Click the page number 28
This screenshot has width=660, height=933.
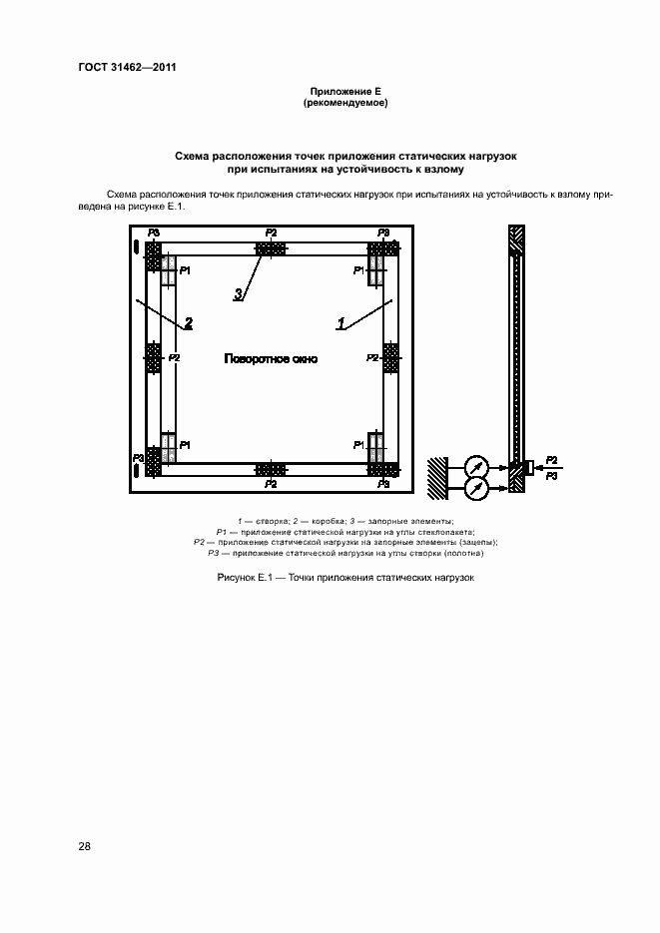point(85,846)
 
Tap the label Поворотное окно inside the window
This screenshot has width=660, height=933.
point(271,358)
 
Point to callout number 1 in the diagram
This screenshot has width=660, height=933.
point(340,322)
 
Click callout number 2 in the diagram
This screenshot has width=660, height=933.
point(188,322)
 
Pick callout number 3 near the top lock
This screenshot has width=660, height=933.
point(239,293)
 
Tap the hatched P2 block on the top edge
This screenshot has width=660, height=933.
point(271,245)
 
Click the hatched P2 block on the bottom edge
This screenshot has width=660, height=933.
point(271,469)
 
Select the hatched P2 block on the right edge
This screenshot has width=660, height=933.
point(390,355)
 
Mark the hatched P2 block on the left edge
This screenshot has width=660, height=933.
point(153,355)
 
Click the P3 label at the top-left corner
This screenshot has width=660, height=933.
point(153,233)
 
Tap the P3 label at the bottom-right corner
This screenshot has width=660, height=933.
point(383,483)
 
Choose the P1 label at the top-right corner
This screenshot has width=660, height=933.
point(359,270)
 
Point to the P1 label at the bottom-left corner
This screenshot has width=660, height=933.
point(185,443)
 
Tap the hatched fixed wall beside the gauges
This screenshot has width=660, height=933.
point(439,476)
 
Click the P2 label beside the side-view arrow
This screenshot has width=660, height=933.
point(552,460)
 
